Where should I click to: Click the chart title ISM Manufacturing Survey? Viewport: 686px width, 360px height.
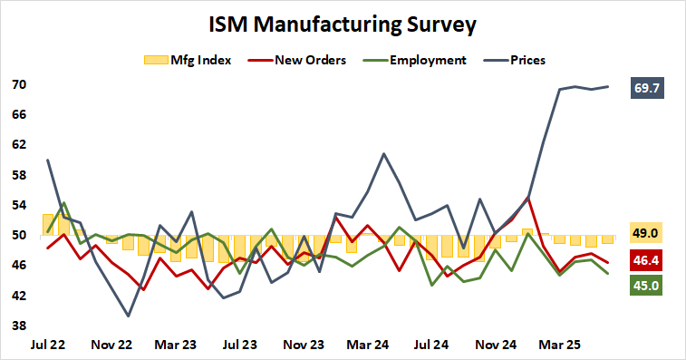pyautogui.click(x=343, y=24)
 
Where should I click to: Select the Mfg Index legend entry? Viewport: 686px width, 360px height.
pyautogui.click(x=188, y=60)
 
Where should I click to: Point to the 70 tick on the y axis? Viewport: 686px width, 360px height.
pyautogui.click(x=19, y=85)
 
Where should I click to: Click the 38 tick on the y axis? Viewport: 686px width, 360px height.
pyautogui.click(x=19, y=326)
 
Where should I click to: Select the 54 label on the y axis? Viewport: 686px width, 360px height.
pyautogui.click(x=19, y=206)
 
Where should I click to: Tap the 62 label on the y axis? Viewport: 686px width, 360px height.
pyautogui.click(x=19, y=145)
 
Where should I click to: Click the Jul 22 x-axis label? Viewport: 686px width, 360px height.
pyautogui.click(x=47, y=345)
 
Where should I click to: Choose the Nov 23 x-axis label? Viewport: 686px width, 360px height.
pyautogui.click(x=304, y=345)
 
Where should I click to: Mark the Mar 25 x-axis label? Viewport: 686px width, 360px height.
pyautogui.click(x=560, y=345)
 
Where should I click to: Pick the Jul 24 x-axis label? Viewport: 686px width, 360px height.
pyautogui.click(x=432, y=345)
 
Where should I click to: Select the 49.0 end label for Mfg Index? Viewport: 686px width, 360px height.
pyautogui.click(x=646, y=234)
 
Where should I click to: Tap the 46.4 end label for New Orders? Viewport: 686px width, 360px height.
pyautogui.click(x=646, y=261)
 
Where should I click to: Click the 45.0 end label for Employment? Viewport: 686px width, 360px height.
pyautogui.click(x=646, y=285)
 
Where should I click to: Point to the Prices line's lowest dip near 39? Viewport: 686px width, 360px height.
pyautogui.click(x=128, y=316)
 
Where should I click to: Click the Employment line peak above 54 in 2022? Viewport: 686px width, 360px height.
pyautogui.click(x=64, y=203)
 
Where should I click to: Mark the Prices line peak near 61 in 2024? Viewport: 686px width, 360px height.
pyautogui.click(x=383, y=153)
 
